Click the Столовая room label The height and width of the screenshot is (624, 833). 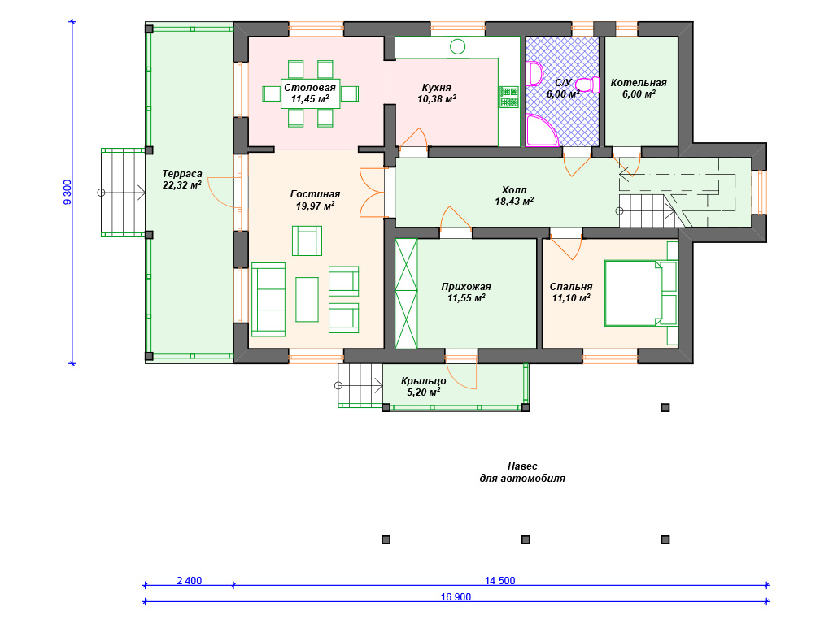[x=310, y=88]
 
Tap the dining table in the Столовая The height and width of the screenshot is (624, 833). [x=310, y=94]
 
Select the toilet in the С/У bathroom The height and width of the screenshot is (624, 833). [x=587, y=84]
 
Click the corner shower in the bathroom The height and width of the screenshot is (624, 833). [x=541, y=130]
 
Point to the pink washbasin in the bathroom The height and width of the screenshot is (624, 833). [x=534, y=73]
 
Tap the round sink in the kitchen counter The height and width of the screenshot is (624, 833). [x=457, y=46]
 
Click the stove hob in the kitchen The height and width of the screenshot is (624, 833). [x=509, y=97]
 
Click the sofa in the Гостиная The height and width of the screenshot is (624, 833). [x=268, y=299]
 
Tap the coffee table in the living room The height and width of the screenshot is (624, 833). [x=307, y=299]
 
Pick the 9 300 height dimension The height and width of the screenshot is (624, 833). [x=67, y=192]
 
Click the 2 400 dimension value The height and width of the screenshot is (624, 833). [x=189, y=580]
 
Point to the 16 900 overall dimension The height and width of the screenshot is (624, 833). [x=456, y=597]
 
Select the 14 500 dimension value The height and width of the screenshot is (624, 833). [x=500, y=580]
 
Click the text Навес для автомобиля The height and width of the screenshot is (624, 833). [x=522, y=472]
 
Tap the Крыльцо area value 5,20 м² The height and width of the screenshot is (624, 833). [x=423, y=392]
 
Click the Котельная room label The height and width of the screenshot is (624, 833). [x=639, y=83]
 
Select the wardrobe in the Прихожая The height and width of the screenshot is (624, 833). [x=407, y=293]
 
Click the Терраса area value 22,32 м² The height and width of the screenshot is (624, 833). [x=181, y=184]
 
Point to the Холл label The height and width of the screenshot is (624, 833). [x=514, y=190]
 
